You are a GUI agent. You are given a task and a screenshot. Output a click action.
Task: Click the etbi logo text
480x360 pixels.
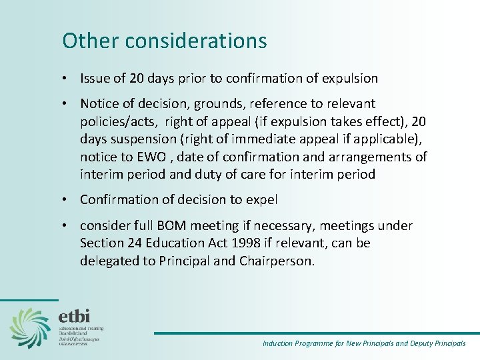click(x=75, y=315)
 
